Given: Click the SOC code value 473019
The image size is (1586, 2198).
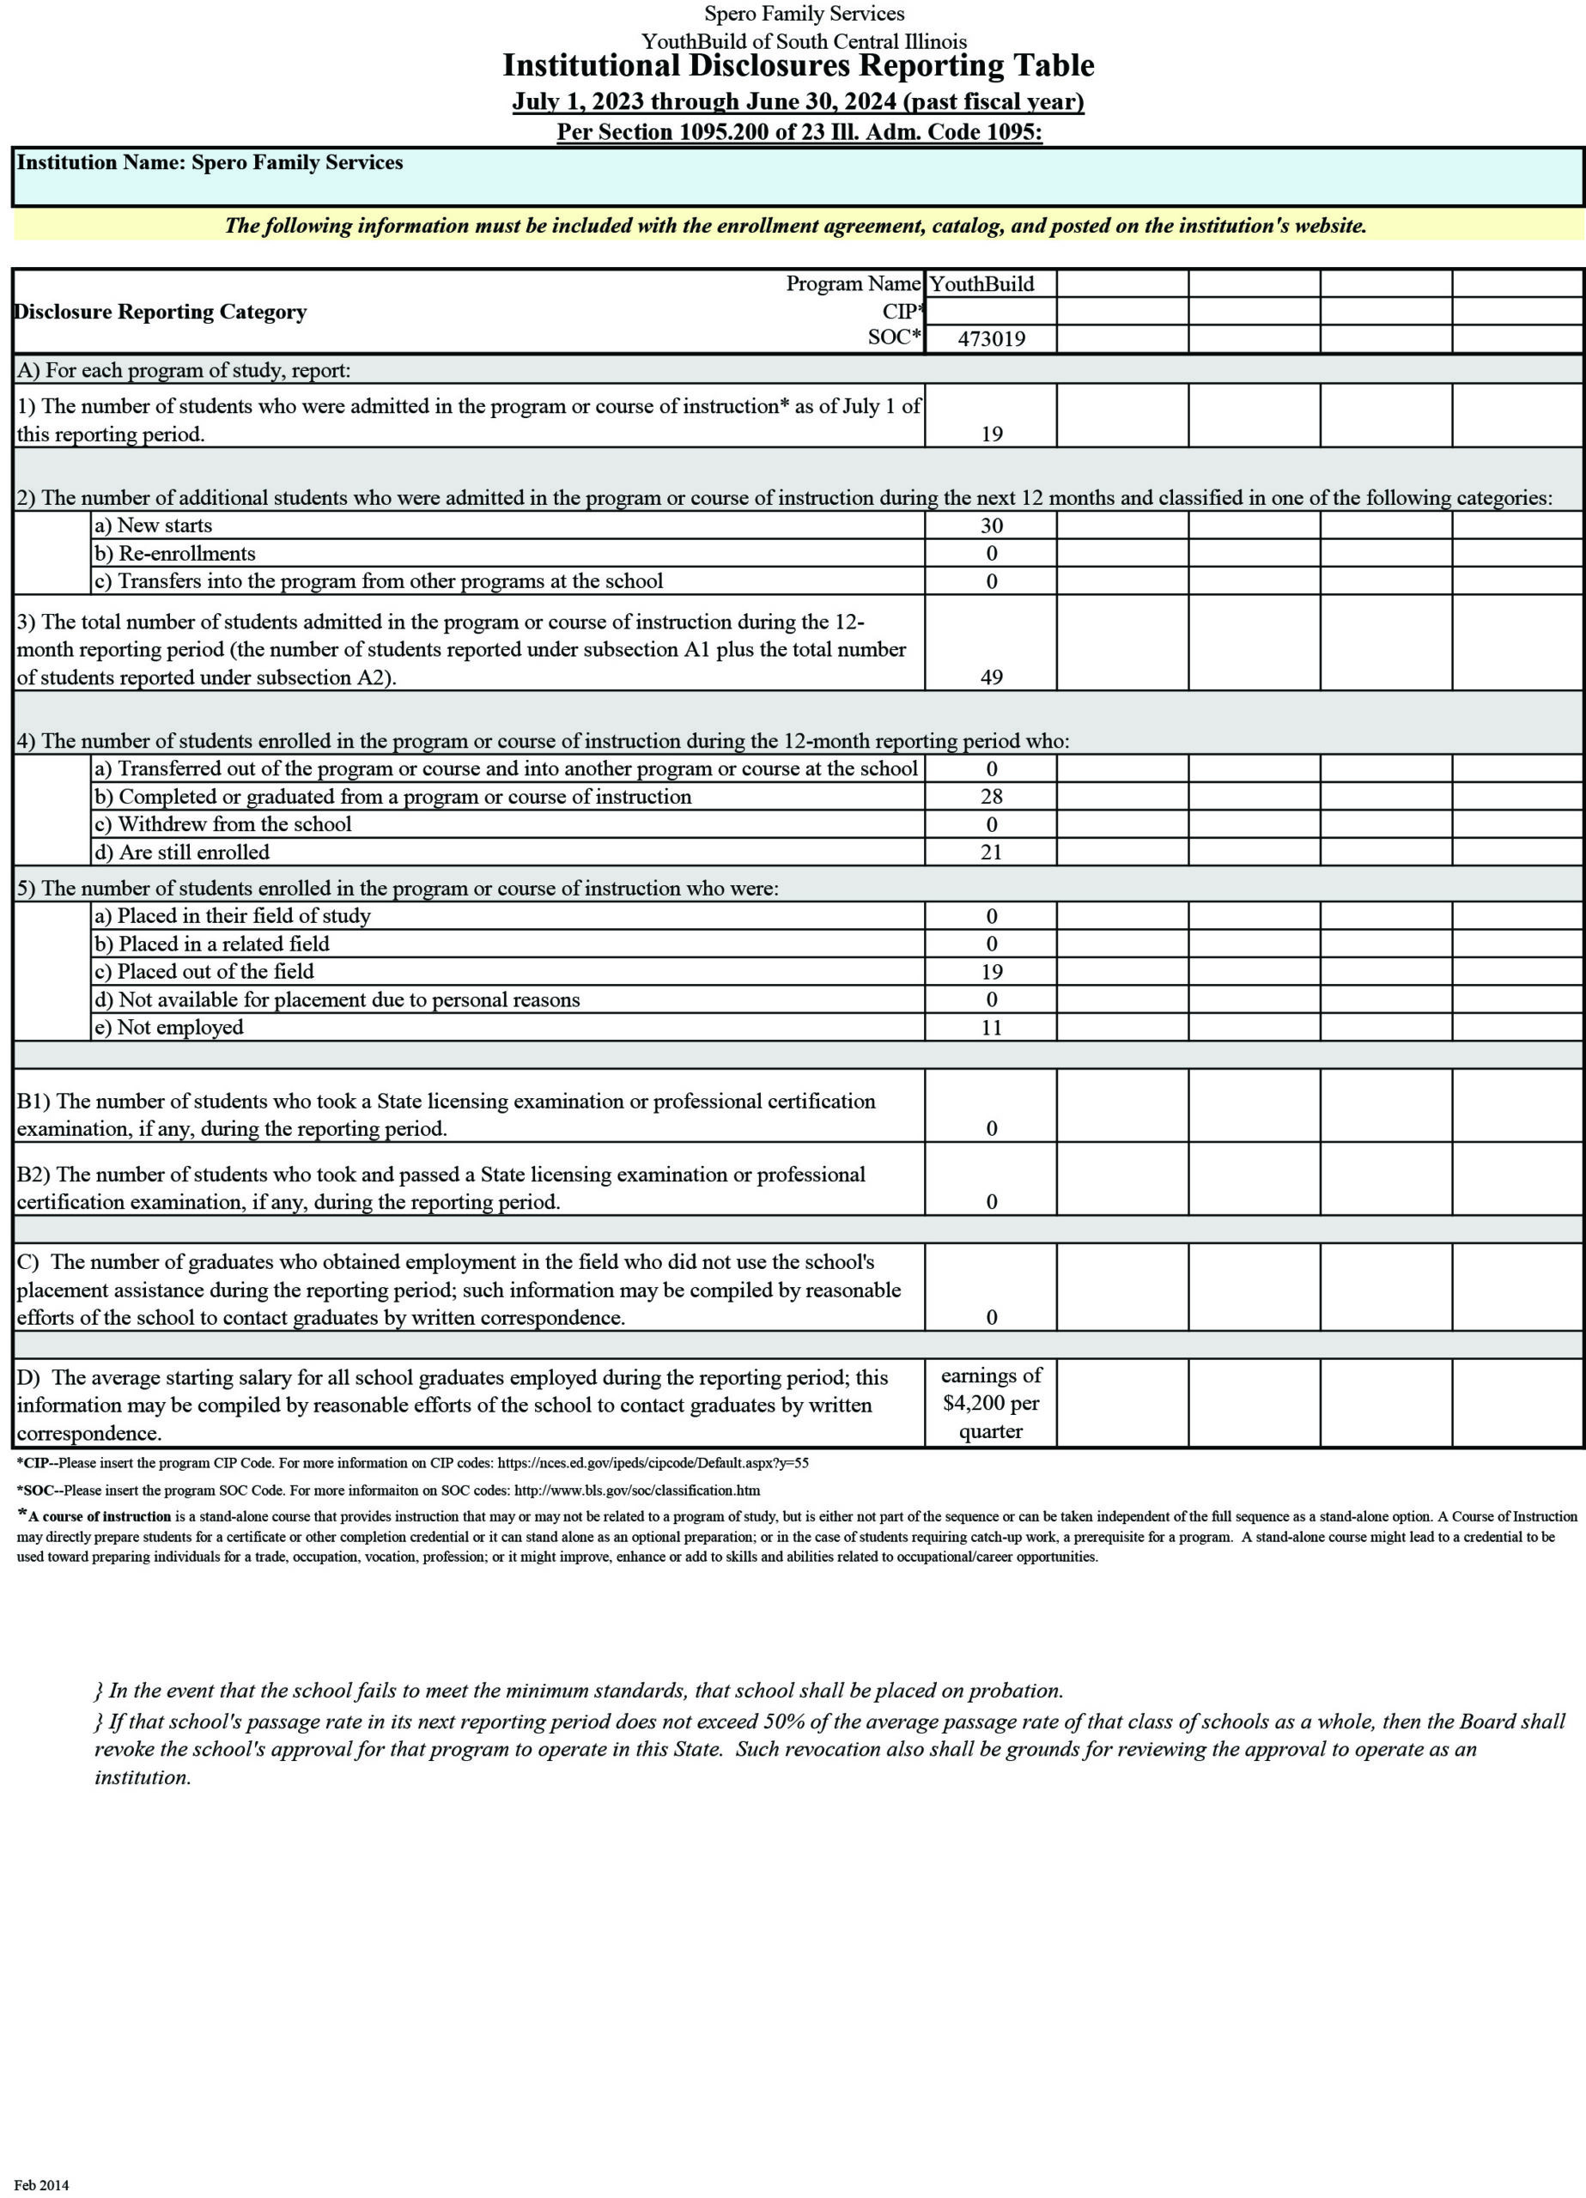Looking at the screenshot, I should click(x=990, y=338).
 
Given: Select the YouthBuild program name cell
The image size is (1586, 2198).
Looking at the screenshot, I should click(x=981, y=284).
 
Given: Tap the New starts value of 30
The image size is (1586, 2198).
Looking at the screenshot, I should click(x=991, y=525).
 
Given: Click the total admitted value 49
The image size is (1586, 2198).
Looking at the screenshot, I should click(x=991, y=677).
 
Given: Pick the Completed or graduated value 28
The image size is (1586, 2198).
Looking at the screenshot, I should click(x=991, y=796).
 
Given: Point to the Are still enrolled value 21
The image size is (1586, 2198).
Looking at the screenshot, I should click(x=991, y=852).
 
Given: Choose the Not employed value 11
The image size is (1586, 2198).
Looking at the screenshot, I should click(x=991, y=1027).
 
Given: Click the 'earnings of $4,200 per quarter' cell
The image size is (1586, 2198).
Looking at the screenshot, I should click(x=991, y=1402).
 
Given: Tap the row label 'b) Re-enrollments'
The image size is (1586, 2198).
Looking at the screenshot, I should click(x=174, y=554).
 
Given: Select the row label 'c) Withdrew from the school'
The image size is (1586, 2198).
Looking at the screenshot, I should click(x=222, y=823).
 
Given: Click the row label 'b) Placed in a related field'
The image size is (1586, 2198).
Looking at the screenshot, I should click(x=211, y=944).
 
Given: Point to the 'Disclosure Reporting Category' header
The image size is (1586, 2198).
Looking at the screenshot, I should click(x=161, y=312).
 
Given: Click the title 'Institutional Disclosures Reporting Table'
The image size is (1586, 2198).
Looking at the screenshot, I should click(x=798, y=66).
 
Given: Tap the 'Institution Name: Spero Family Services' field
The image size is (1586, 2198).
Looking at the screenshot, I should click(x=210, y=163).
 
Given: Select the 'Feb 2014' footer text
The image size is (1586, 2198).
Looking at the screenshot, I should click(x=42, y=2184).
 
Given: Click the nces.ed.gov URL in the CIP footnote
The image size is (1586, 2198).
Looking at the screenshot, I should click(x=653, y=1463).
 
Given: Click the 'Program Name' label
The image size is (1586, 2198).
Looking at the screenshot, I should click(x=852, y=284).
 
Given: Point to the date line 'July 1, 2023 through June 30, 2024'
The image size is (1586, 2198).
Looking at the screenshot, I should click(x=705, y=102).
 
